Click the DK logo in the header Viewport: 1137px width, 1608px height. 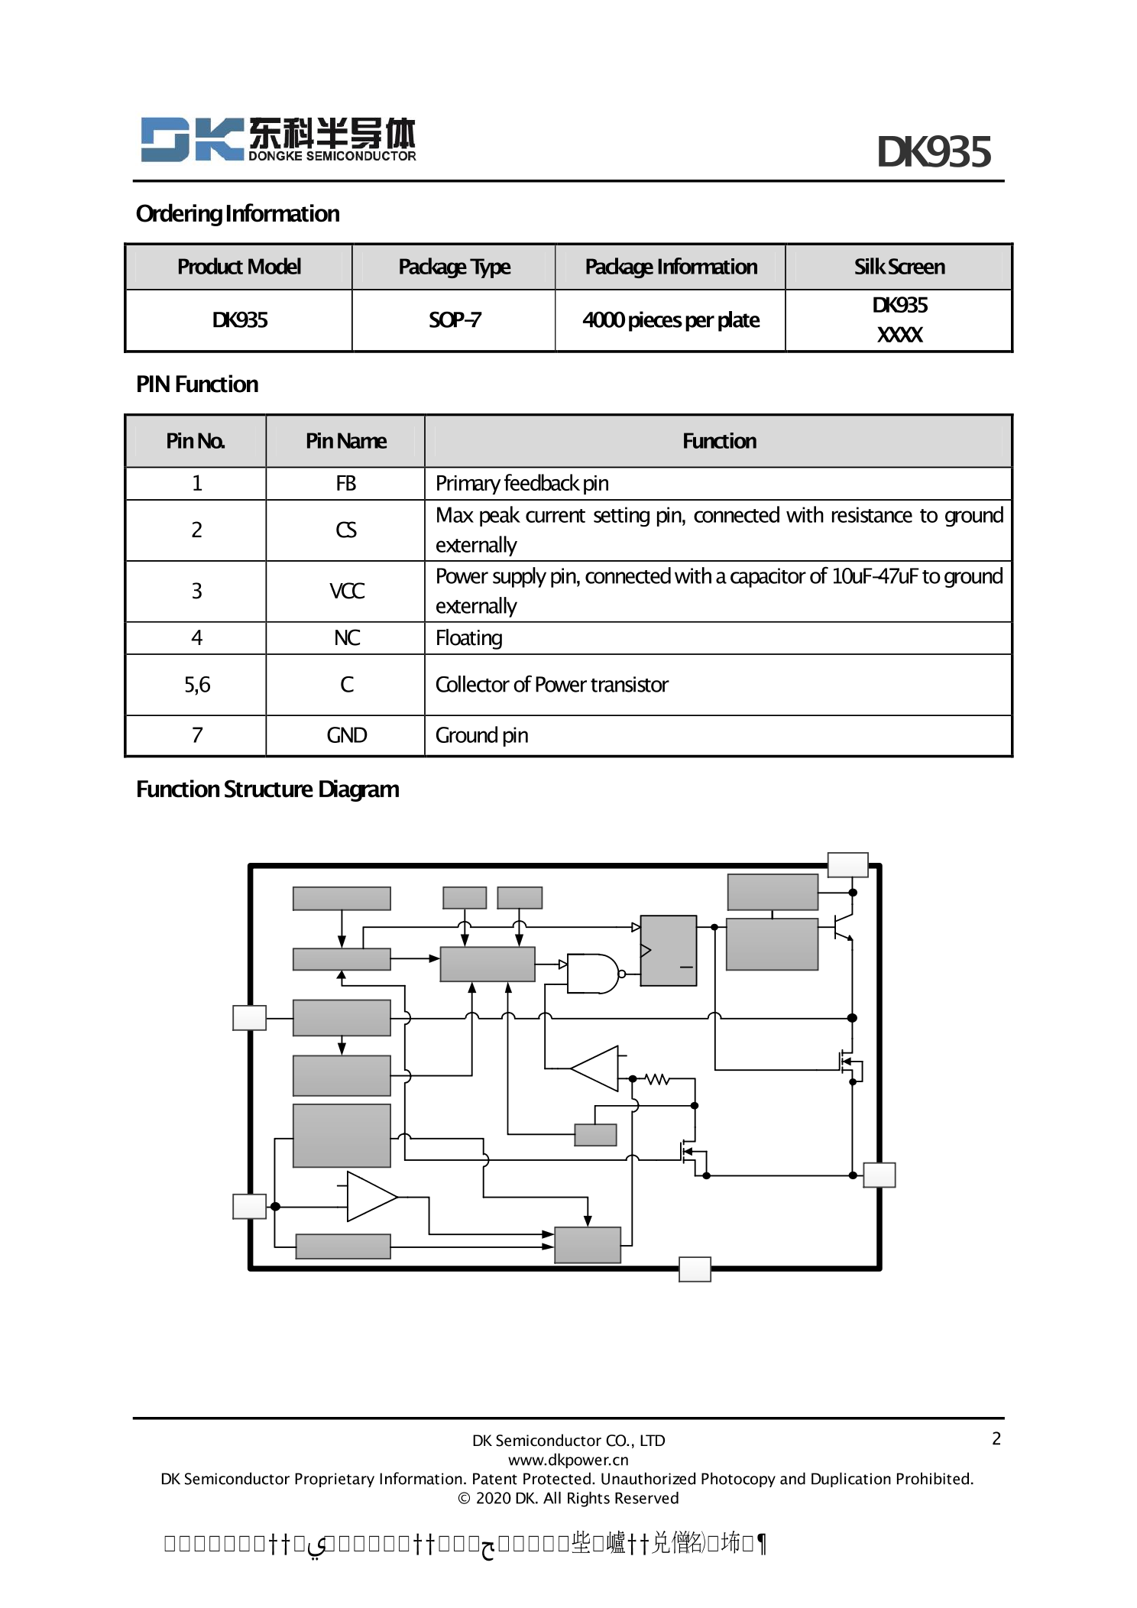pos(277,139)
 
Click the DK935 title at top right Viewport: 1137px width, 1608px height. pos(933,152)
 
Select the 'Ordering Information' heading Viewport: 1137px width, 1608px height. pos(238,214)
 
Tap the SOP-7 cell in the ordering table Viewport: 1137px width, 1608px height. pos(455,320)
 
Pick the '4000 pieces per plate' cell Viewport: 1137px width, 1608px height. pos(670,320)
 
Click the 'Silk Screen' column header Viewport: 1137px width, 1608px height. pos(899,267)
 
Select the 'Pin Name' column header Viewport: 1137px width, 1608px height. pos(345,441)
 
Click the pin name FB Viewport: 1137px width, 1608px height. pos(345,484)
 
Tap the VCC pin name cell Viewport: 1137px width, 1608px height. pos(346,591)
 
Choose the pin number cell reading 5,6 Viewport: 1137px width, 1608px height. pos(196,685)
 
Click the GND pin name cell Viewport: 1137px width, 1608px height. pos(346,735)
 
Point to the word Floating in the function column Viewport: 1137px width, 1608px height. pos(468,638)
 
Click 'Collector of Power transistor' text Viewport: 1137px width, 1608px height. pos(551,685)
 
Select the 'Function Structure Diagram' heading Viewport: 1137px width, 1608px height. pos(267,789)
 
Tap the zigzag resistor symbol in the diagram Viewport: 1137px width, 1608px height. pos(657,1079)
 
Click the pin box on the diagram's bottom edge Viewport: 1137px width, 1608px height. pos(695,1269)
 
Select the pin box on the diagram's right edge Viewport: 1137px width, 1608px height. pos(879,1175)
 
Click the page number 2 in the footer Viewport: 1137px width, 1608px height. pos(996,1438)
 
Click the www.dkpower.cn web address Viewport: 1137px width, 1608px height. pos(568,1460)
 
